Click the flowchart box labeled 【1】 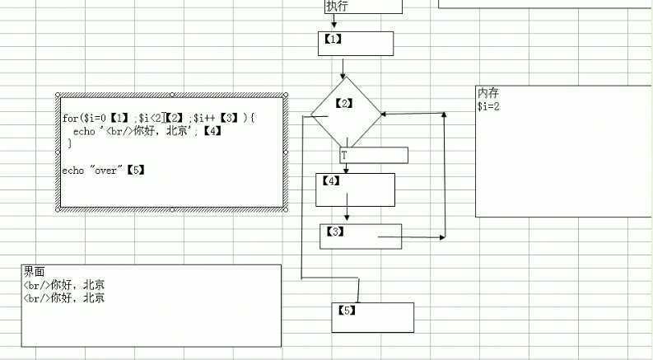(x=356, y=43)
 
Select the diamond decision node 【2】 (x=346, y=111)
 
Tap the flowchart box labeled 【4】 (x=355, y=189)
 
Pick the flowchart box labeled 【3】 (x=360, y=236)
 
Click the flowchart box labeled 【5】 (x=372, y=317)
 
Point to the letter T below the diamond (x=344, y=155)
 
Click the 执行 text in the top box (x=337, y=7)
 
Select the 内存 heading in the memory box (x=488, y=93)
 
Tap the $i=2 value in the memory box (x=489, y=106)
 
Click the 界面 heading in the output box (x=34, y=272)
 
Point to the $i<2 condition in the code (x=150, y=119)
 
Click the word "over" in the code (x=108, y=170)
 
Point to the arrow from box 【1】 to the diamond (x=343, y=67)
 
